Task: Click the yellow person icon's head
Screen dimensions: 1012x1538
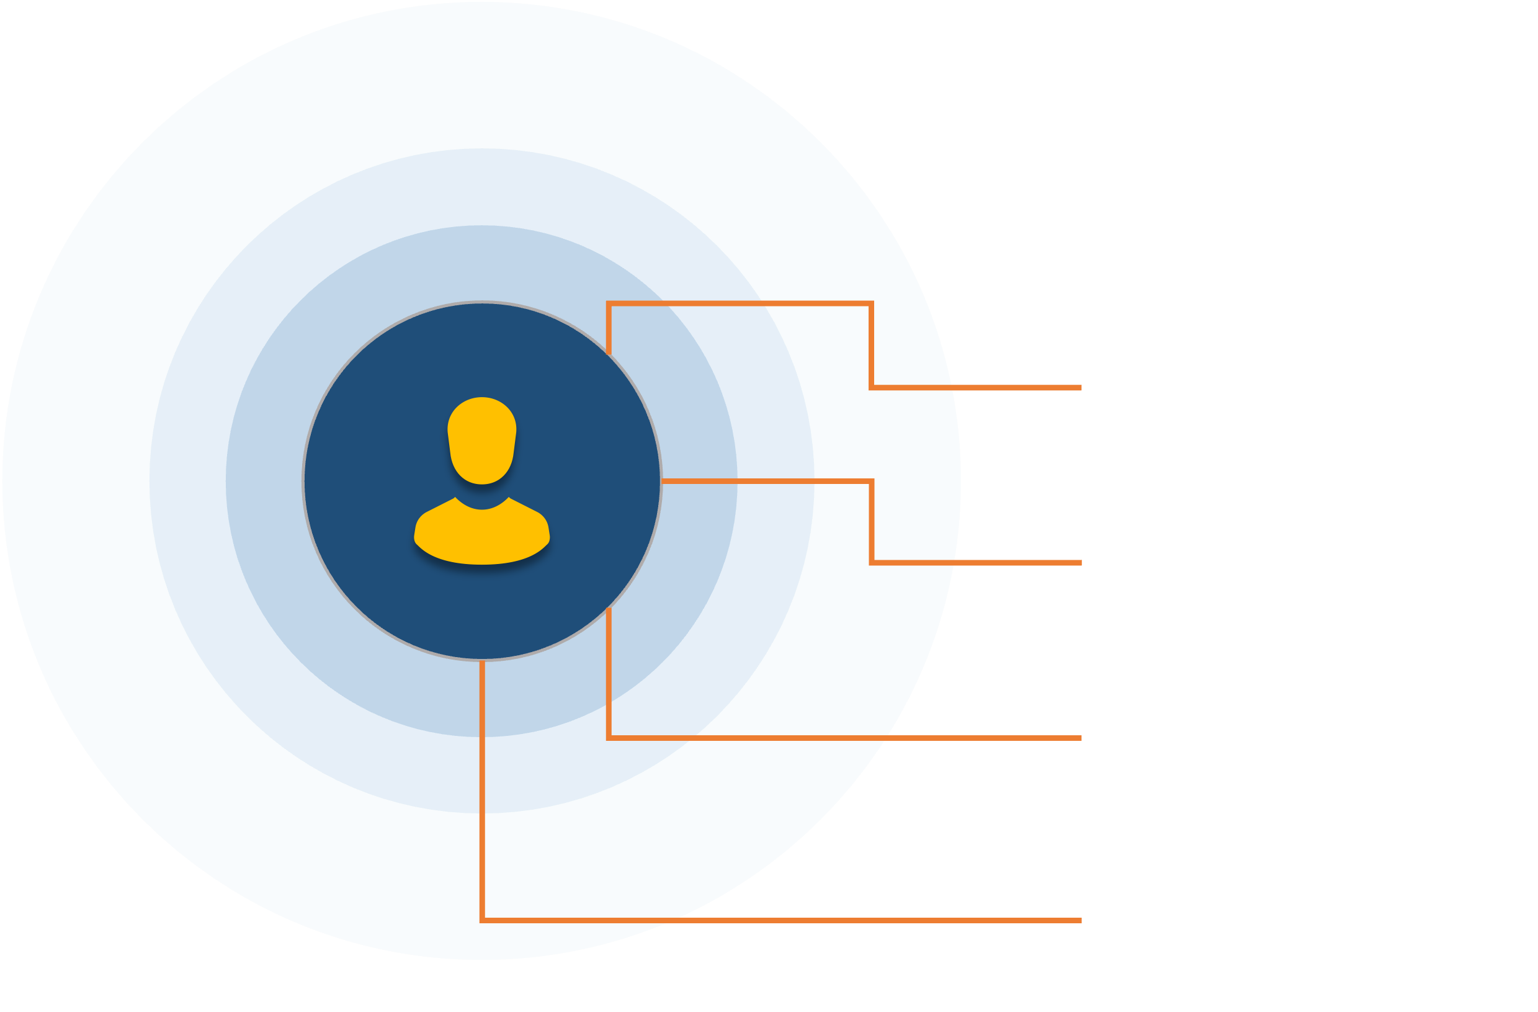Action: tap(481, 439)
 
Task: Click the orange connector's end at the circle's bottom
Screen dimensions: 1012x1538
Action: tap(482, 662)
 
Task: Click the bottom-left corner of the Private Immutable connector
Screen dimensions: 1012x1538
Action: tap(482, 920)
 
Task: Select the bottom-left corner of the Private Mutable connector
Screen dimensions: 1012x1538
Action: tap(609, 737)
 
